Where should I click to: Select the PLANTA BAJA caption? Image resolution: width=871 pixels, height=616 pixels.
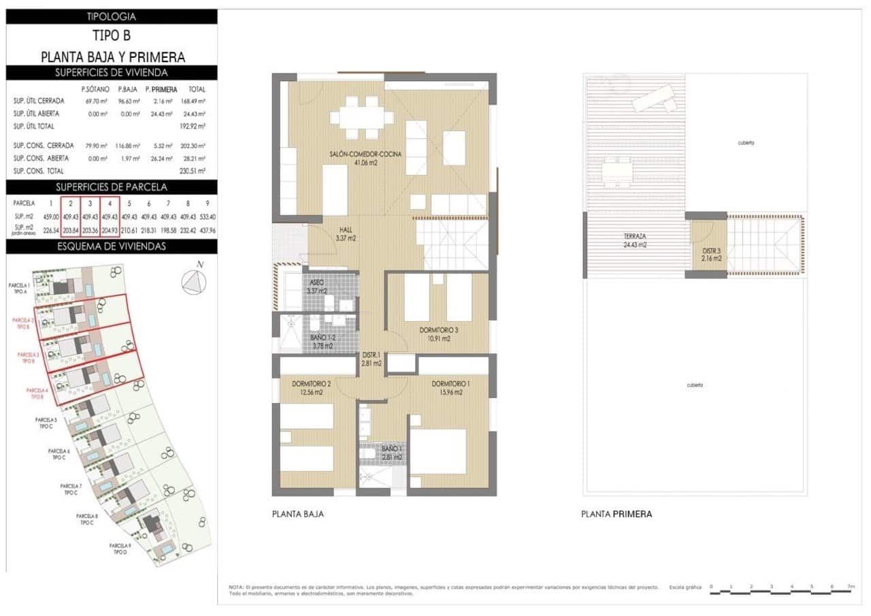click(297, 514)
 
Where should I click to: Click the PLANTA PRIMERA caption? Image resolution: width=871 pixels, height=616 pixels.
click(617, 514)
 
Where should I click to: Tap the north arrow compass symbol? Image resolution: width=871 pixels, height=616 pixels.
click(194, 281)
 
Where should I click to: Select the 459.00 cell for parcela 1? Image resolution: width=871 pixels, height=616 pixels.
click(50, 216)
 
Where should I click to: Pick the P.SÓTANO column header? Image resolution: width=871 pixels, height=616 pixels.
click(95, 89)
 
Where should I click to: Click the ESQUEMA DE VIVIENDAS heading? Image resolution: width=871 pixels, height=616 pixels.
click(112, 246)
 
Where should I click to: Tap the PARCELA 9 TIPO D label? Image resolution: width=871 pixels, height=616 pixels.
click(120, 549)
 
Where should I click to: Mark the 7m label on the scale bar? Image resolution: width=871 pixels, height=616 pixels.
click(851, 585)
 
